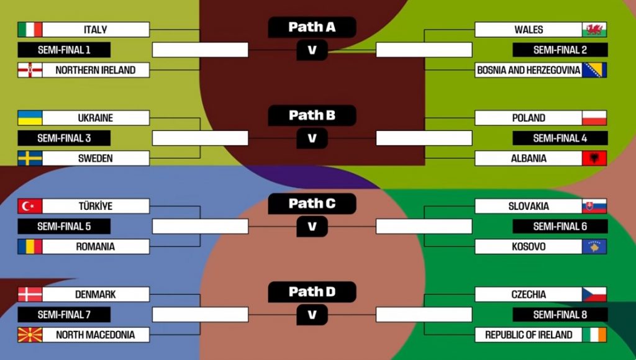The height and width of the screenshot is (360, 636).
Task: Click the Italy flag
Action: [x=30, y=30]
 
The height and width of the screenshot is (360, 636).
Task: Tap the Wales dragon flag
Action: [x=594, y=30]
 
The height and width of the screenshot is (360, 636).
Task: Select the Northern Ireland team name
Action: [x=96, y=70]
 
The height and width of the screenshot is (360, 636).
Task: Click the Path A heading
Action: [x=312, y=27]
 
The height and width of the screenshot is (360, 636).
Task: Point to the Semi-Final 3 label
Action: [x=64, y=138]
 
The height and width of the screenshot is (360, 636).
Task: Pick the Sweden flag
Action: [x=30, y=158]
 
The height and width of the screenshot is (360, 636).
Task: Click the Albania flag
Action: [x=594, y=158]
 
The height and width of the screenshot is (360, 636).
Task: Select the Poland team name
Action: [x=529, y=118]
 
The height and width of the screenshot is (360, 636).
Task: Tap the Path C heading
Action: [x=312, y=204]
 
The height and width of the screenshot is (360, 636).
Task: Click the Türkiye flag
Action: [x=30, y=206]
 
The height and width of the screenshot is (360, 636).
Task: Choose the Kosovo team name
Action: [x=529, y=246]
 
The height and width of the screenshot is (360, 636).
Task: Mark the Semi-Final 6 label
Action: [x=560, y=227]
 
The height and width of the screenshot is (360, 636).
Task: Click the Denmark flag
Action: [x=30, y=294]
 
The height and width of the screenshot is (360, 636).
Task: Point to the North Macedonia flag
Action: [x=30, y=335]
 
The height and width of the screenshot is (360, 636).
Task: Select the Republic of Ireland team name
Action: [x=529, y=335]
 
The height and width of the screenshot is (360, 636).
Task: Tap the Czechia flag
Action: [x=594, y=294]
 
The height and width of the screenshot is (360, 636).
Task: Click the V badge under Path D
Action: [x=312, y=315]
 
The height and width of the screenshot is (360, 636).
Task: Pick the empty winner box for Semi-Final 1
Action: [x=200, y=50]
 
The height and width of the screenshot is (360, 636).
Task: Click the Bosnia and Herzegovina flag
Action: [x=594, y=70]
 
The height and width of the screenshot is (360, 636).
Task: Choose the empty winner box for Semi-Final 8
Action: [x=424, y=315]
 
